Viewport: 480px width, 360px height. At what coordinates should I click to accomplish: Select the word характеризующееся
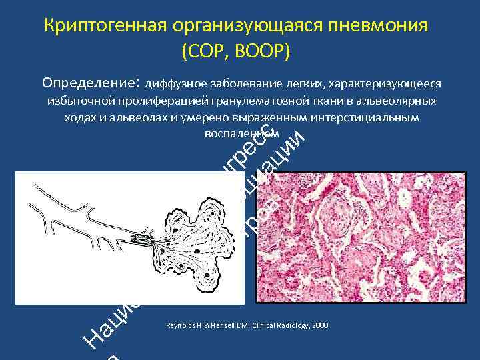point(391,85)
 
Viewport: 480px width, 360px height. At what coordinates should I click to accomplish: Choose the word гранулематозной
point(255,101)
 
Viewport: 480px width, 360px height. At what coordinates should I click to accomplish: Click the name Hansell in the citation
point(220,326)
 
